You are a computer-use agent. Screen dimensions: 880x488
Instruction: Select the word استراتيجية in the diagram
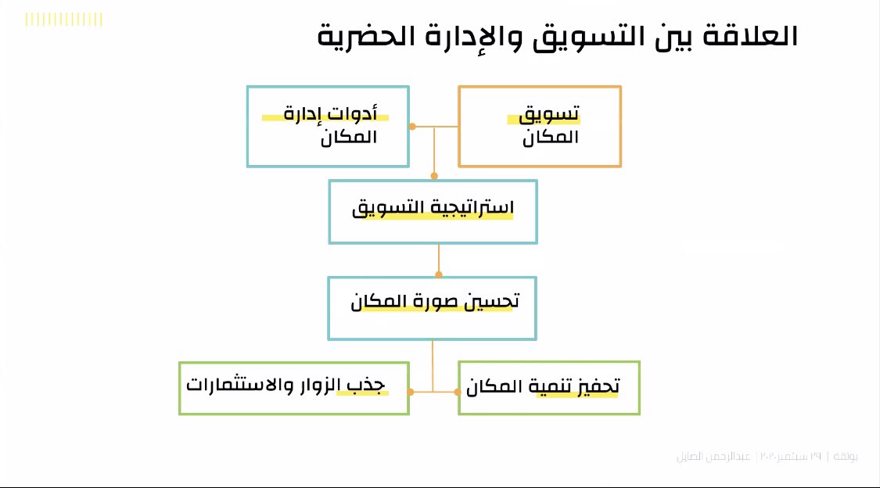pyautogui.click(x=469, y=209)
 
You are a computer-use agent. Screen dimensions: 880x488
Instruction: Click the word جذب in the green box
pyautogui.click(x=379, y=386)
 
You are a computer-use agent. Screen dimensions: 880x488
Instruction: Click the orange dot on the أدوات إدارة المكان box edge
pyautogui.click(x=412, y=126)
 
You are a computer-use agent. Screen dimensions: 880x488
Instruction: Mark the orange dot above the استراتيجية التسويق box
pyautogui.click(x=434, y=177)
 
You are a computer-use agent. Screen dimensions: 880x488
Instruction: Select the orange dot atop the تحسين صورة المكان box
pyautogui.click(x=438, y=274)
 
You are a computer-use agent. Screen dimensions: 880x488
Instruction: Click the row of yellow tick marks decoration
pyautogui.click(x=64, y=20)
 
